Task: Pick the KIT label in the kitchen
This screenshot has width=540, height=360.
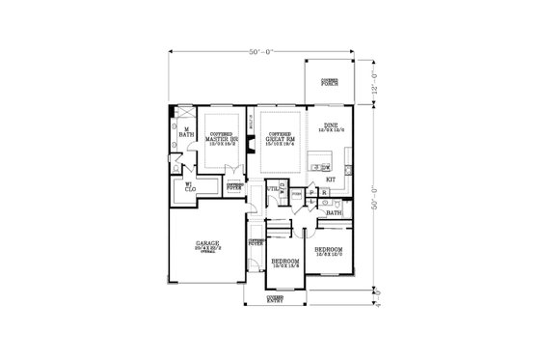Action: point(330,180)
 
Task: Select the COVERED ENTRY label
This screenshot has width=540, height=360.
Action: point(276,301)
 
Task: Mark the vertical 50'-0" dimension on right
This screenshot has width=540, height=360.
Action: point(374,193)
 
